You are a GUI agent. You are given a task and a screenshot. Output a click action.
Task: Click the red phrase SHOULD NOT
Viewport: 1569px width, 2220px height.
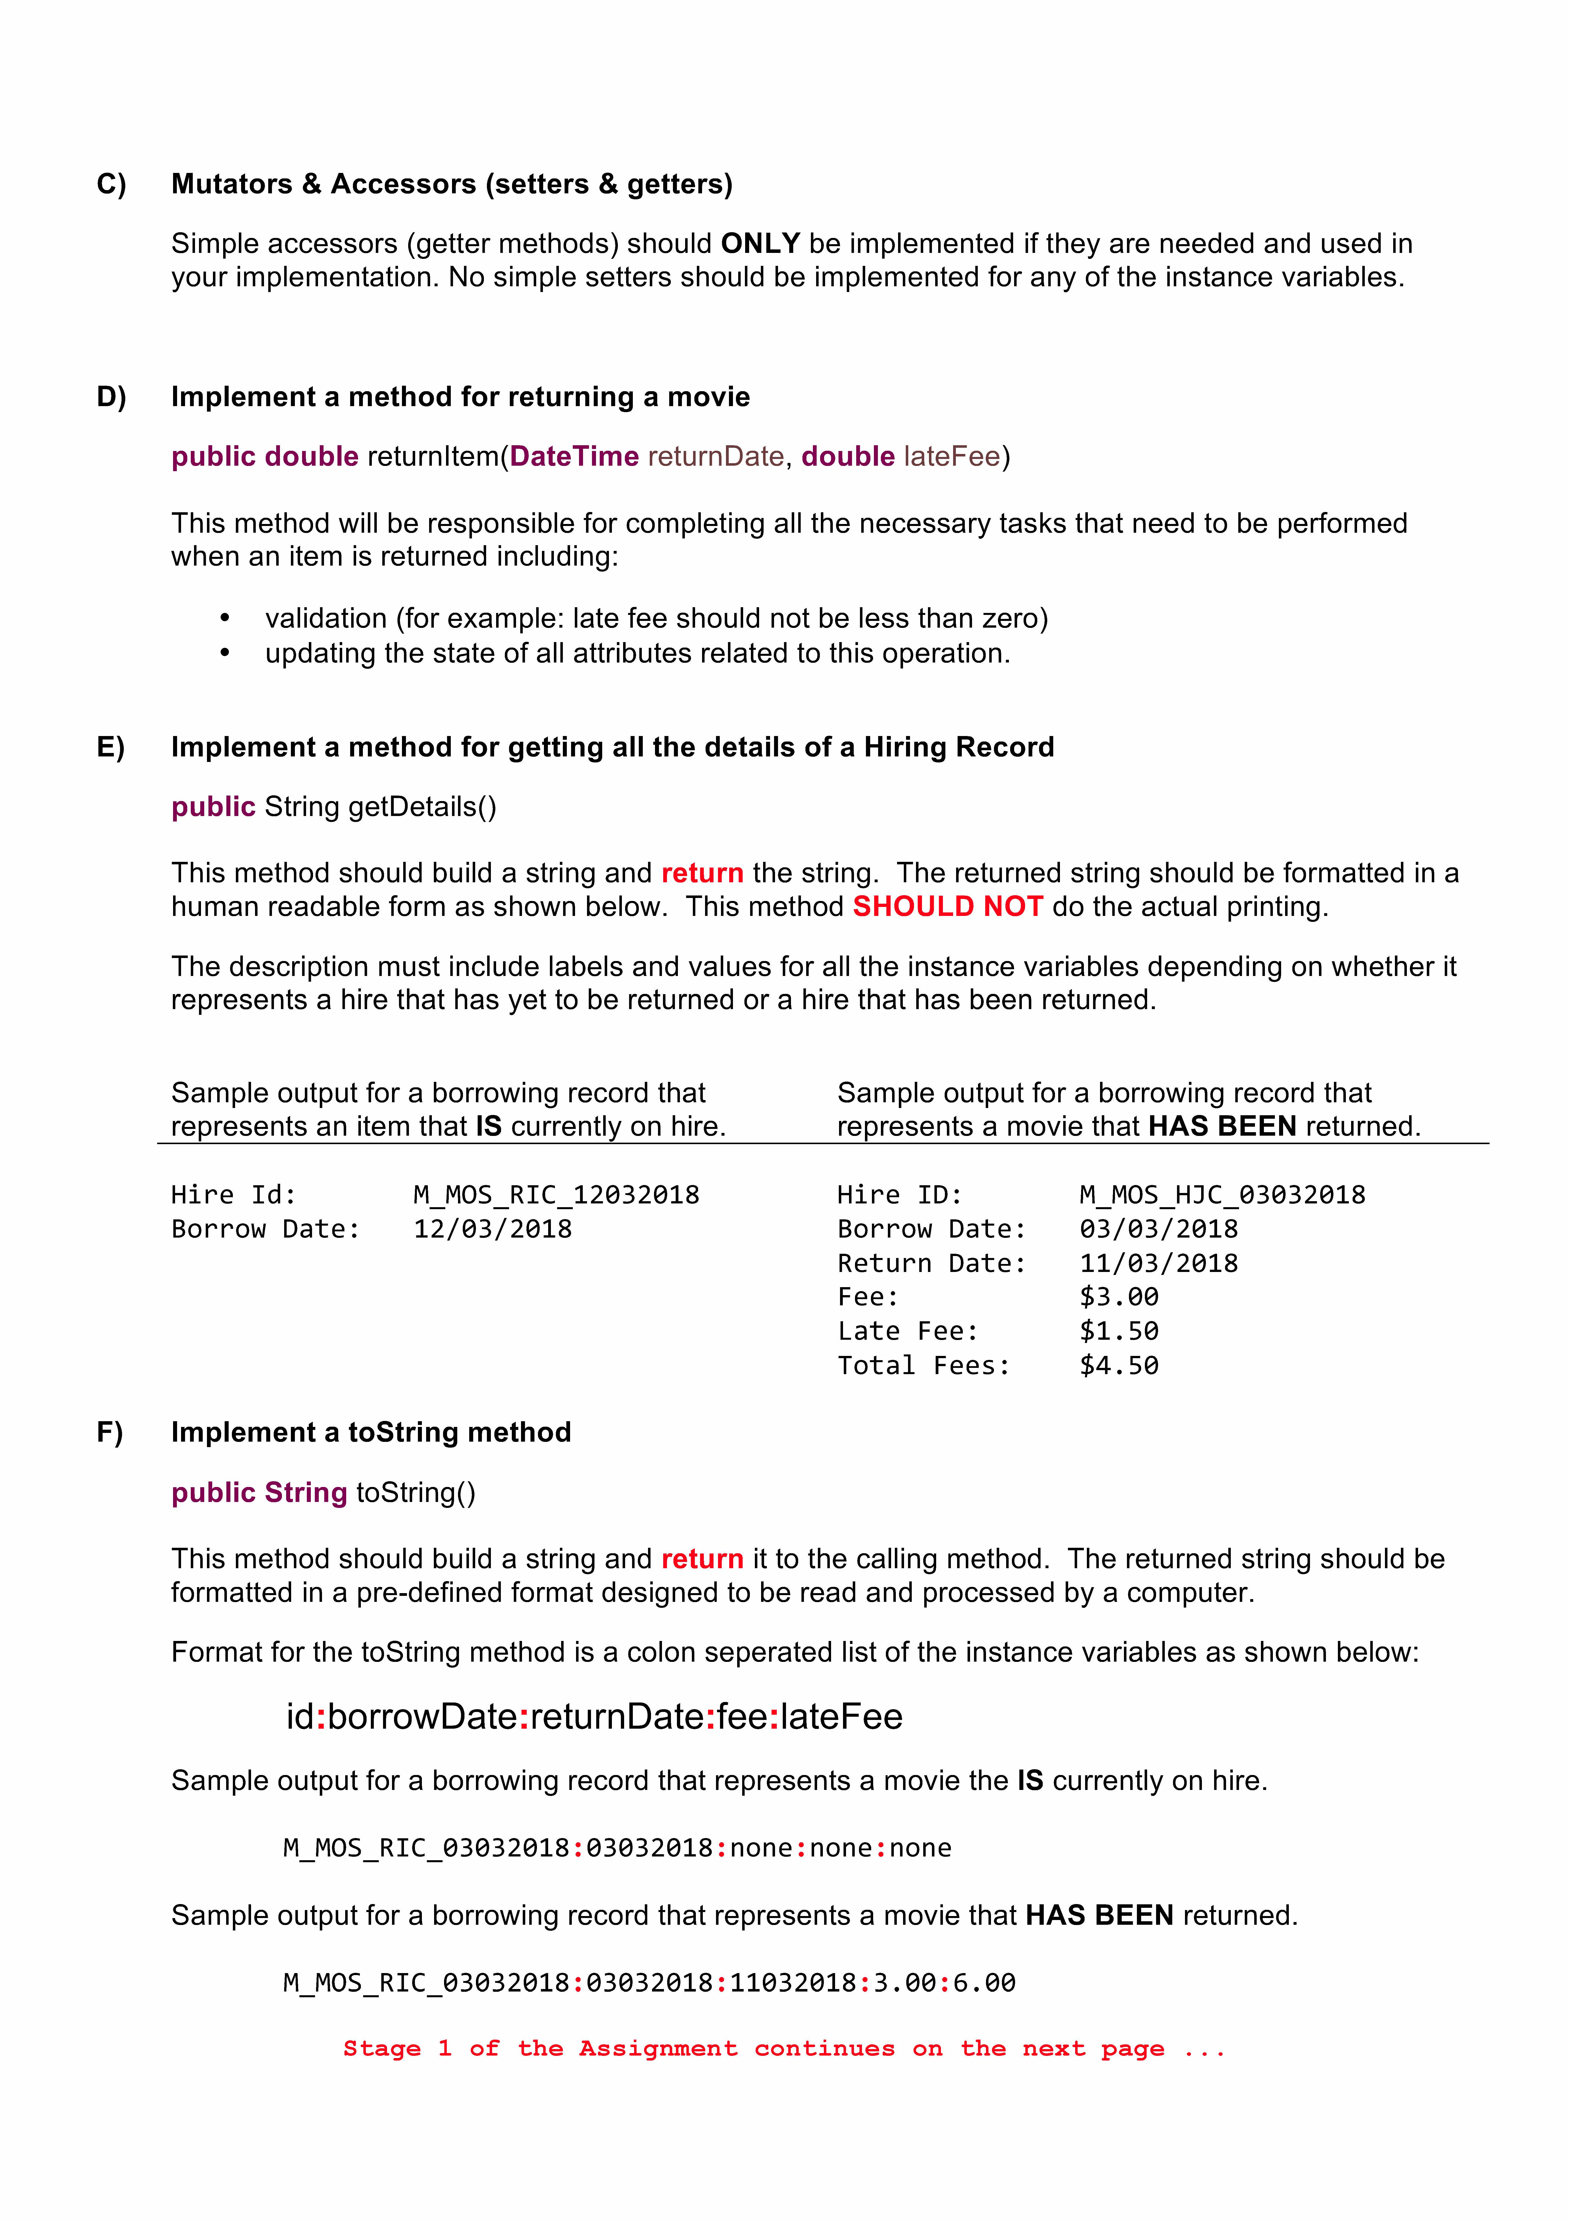click(947, 907)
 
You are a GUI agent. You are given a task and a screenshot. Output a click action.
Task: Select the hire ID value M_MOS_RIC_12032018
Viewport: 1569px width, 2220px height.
click(556, 1195)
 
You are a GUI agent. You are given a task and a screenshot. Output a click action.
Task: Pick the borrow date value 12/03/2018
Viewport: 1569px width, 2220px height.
click(492, 1229)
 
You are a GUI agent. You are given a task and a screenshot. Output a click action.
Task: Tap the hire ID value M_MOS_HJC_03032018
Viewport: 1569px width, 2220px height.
click(1222, 1195)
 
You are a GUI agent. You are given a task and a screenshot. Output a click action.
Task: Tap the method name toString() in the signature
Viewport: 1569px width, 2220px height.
click(416, 1493)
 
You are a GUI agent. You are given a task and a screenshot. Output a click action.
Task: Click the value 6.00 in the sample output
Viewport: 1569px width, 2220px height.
click(984, 1983)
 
